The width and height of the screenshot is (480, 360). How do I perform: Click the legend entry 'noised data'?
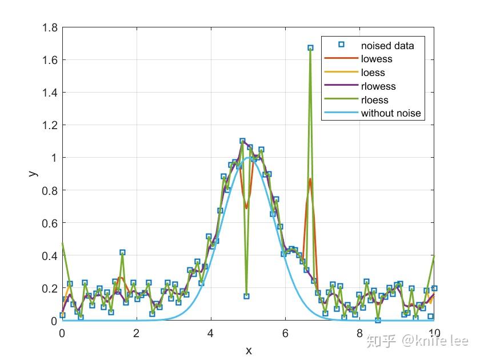(387, 45)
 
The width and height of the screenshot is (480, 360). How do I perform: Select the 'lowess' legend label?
(377, 59)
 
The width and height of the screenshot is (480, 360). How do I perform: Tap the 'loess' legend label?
(373, 73)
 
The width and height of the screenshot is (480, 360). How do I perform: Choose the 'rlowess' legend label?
(378, 86)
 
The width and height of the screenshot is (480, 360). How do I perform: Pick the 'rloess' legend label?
(374, 100)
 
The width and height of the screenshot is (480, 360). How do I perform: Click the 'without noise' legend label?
(391, 113)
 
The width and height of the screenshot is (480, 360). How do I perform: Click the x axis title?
(249, 350)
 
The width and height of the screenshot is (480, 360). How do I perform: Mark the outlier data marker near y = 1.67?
(310, 49)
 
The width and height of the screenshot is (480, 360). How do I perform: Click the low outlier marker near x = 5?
(246, 296)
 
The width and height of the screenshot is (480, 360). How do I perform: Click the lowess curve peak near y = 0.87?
(310, 179)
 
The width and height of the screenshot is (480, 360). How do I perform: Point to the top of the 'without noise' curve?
(248, 158)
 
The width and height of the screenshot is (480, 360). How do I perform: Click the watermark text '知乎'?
(381, 341)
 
